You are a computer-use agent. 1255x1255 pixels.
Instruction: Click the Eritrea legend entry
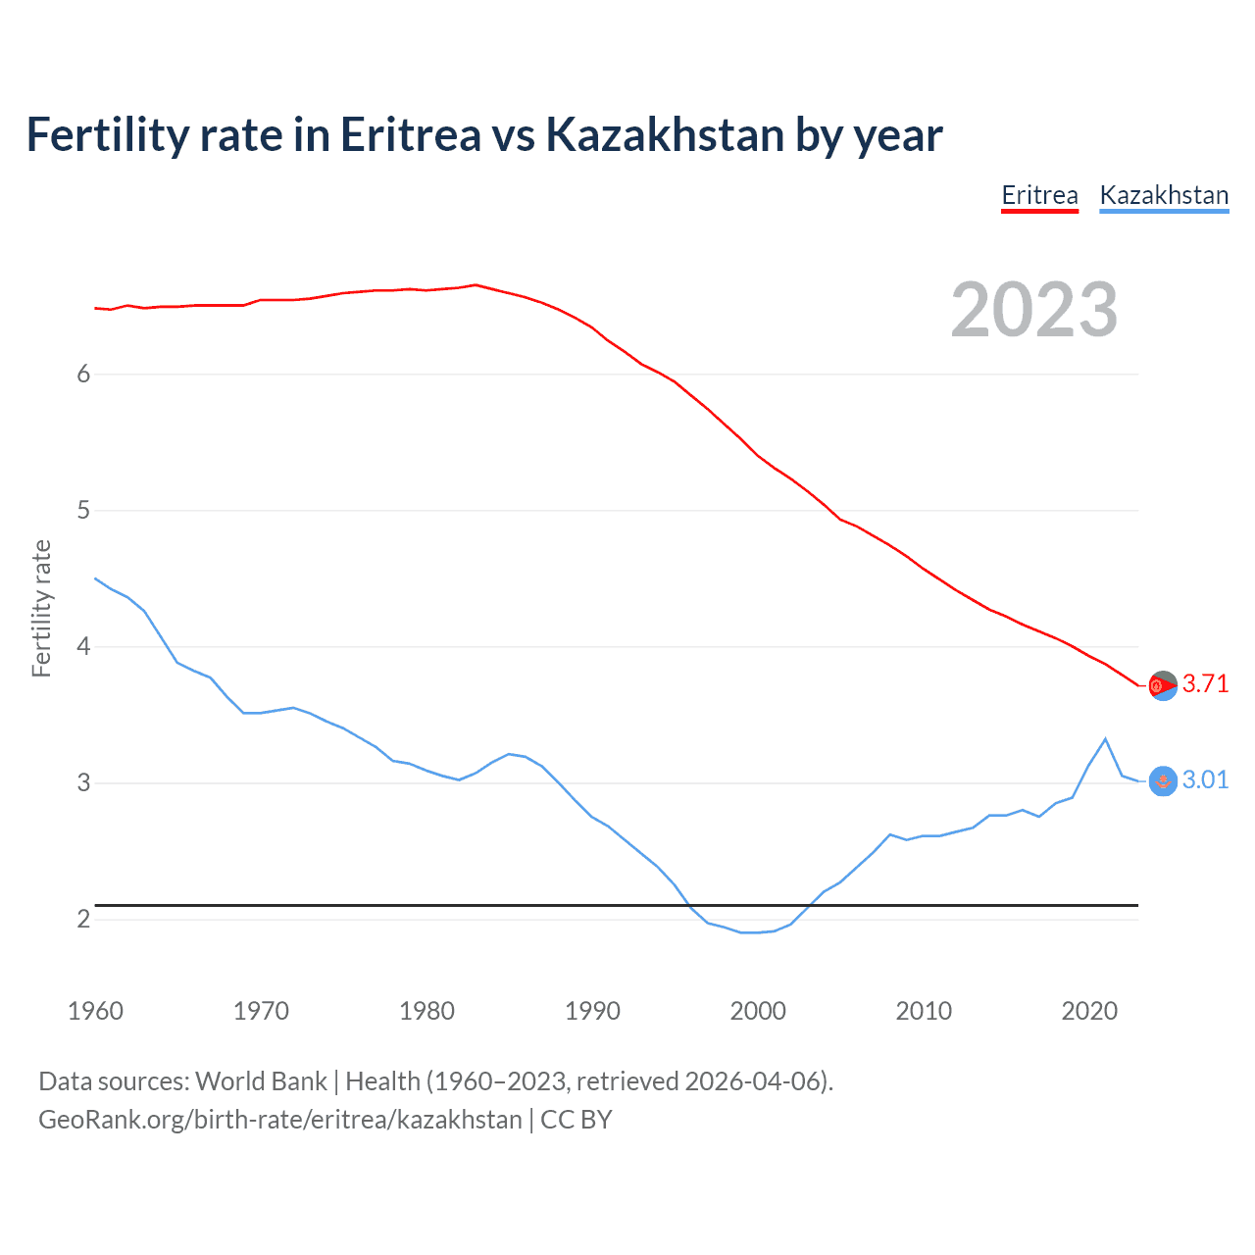pos(1039,195)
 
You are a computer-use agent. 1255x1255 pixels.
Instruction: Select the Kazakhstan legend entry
pos(1164,195)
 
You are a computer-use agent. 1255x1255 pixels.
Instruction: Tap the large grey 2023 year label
pos(1034,310)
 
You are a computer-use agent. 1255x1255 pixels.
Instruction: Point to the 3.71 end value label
pos(1205,683)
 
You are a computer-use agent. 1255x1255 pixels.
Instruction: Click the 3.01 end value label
pos(1205,779)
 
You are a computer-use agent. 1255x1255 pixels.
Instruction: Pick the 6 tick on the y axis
pos(83,374)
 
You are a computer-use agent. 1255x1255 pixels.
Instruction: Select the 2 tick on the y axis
pos(83,919)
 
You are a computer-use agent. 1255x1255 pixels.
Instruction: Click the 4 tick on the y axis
pos(83,646)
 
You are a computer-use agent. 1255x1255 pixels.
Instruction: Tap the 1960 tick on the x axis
pos(95,1011)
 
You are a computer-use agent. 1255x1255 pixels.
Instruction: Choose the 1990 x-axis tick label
pos(592,1011)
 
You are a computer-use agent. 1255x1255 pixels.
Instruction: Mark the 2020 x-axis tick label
pos(1089,1011)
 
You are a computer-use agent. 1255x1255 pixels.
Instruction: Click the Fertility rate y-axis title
pos(41,608)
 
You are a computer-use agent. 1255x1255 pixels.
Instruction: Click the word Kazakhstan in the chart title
pos(664,135)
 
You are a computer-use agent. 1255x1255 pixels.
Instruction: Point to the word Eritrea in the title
pos(411,135)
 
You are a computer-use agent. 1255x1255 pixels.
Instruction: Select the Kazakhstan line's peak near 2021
pos(1106,738)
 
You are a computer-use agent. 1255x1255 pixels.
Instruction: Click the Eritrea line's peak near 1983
pos(476,285)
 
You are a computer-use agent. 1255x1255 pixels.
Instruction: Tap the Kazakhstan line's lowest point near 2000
pos(750,932)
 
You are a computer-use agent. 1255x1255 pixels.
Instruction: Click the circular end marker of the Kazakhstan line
pos(1163,780)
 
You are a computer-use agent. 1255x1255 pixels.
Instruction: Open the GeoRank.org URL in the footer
pos(279,1120)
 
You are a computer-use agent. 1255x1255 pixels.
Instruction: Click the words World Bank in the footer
pos(261,1081)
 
